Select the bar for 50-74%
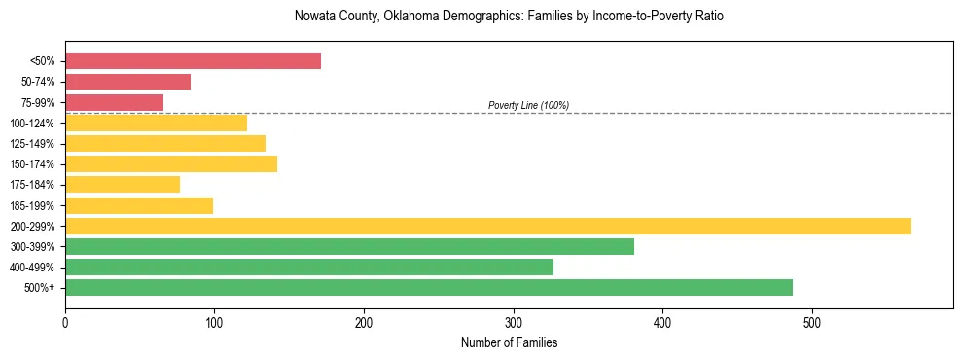click(127, 82)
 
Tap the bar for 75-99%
click(114, 102)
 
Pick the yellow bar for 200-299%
click(487, 226)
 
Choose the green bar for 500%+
click(428, 287)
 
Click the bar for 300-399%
click(349, 246)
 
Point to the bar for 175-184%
click(123, 184)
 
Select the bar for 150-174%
click(171, 163)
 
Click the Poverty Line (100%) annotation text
click(528, 105)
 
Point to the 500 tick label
click(812, 322)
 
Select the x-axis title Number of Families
click(509, 342)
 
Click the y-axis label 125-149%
click(34, 144)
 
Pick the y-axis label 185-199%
click(34, 205)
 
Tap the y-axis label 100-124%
click(34, 124)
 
